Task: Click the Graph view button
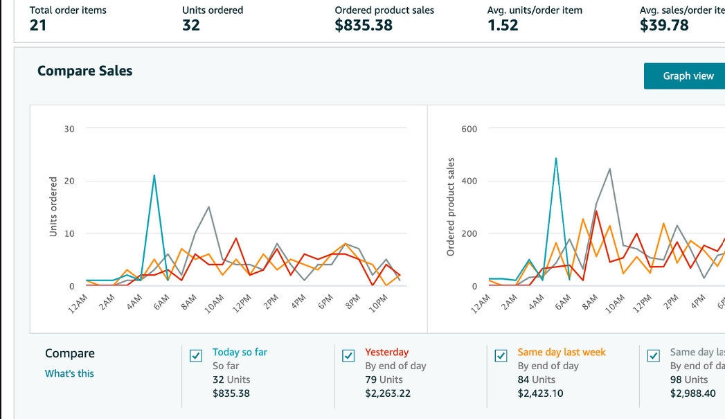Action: point(688,76)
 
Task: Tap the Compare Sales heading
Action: point(84,71)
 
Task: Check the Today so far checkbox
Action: point(196,356)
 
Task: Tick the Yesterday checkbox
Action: point(348,356)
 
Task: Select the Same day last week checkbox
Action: point(501,356)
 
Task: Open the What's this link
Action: point(69,373)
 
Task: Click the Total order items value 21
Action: point(37,26)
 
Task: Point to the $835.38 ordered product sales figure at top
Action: point(364,26)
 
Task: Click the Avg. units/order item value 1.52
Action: point(503,26)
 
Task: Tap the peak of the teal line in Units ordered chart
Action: point(154,175)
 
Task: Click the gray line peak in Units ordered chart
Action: point(208,207)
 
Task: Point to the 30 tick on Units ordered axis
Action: point(70,129)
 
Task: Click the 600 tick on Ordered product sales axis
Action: point(469,129)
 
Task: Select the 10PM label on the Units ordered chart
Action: point(378,303)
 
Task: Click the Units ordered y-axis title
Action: point(53,207)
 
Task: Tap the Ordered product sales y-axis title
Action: point(451,207)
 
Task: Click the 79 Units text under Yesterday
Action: point(384,380)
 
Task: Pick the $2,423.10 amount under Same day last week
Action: point(540,393)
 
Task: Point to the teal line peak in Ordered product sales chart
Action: point(556,158)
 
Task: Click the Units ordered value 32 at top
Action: point(191,26)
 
